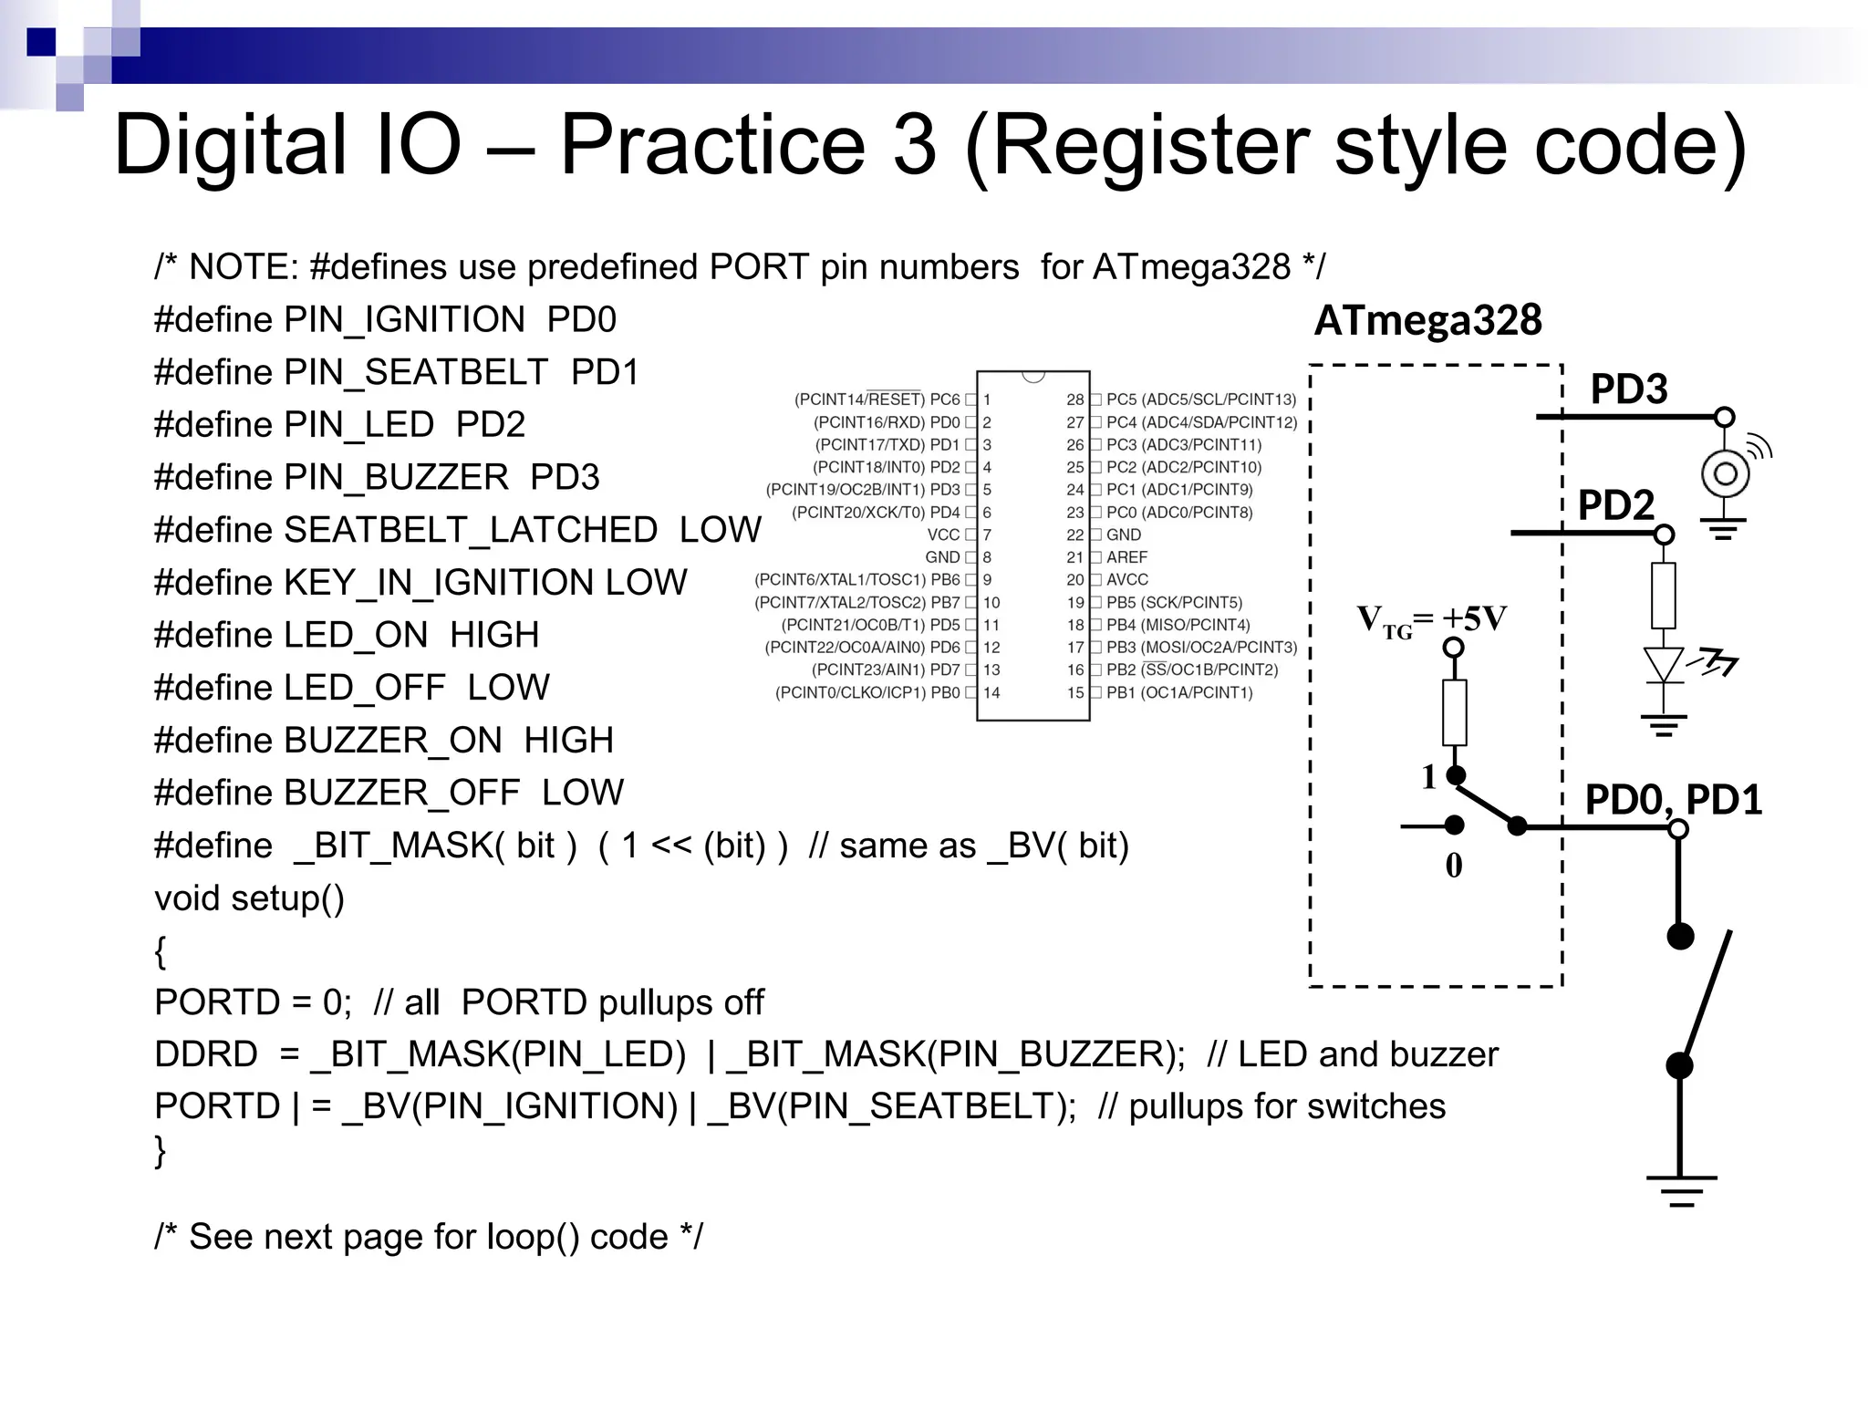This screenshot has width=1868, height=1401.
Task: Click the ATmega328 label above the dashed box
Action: (x=1427, y=321)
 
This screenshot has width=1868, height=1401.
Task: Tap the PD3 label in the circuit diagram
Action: (x=1629, y=389)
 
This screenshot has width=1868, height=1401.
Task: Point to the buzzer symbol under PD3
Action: (x=1725, y=474)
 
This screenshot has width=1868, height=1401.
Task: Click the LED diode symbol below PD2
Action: (x=1664, y=665)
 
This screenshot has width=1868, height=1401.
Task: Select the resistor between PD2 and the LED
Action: (x=1664, y=595)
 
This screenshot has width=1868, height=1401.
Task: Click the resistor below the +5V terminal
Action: (x=1455, y=711)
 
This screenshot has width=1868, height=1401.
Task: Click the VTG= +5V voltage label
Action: (x=1431, y=620)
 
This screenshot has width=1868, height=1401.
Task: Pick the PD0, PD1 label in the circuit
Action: (x=1673, y=800)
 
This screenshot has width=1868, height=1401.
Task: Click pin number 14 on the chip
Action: (x=991, y=693)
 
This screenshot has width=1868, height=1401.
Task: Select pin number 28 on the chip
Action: (x=1075, y=400)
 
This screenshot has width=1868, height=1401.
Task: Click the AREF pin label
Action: (x=1126, y=557)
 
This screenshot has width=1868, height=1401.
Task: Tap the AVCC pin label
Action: (x=1127, y=580)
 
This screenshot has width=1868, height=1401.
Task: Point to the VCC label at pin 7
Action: (x=943, y=534)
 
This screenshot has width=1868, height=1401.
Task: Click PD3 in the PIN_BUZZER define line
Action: (x=565, y=477)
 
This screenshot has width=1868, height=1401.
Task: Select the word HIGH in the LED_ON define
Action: (x=494, y=635)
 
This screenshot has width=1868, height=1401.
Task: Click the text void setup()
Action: (x=249, y=898)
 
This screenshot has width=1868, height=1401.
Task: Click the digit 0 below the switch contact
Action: (x=1454, y=866)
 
